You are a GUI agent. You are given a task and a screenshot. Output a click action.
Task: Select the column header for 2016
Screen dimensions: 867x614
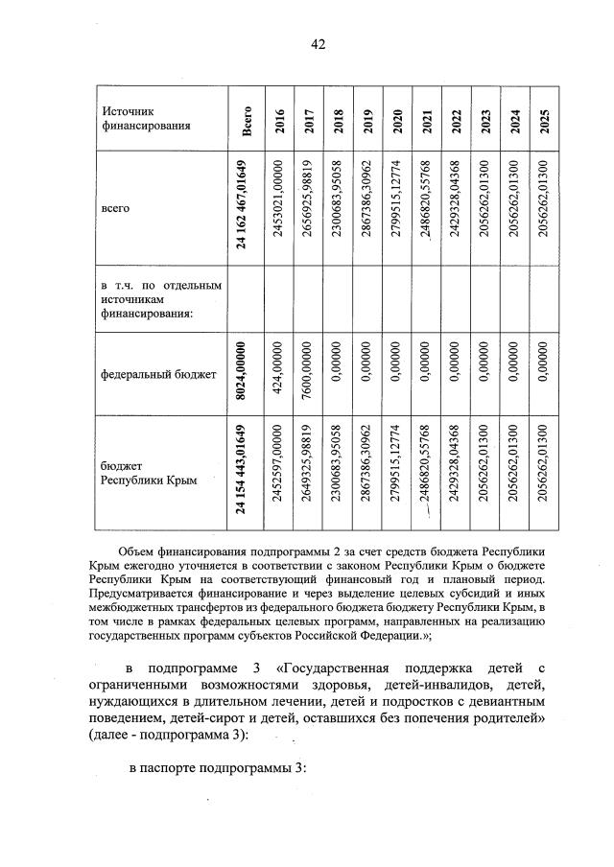(x=280, y=120)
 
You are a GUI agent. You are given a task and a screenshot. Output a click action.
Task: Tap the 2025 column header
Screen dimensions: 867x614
(x=544, y=120)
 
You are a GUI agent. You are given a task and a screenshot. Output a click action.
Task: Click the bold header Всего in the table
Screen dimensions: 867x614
(x=248, y=120)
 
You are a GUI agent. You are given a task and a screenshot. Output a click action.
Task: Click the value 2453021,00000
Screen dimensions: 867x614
(x=280, y=206)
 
